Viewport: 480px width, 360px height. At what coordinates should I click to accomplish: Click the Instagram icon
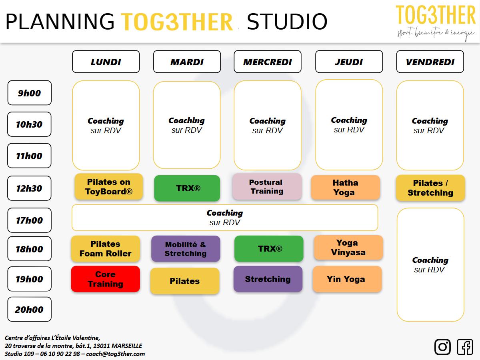tap(442, 347)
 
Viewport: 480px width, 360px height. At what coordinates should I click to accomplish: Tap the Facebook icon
tap(465, 347)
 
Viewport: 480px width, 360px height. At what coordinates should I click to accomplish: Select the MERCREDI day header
tap(267, 62)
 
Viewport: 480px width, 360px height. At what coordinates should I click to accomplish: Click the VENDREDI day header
tap(430, 62)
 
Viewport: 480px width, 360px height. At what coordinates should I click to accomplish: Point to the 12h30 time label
tap(29, 188)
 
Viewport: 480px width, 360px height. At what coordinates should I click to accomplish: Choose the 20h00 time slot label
tap(29, 309)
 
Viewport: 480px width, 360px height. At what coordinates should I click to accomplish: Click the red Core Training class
tap(106, 279)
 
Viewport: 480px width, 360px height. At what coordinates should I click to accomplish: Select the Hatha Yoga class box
tap(345, 188)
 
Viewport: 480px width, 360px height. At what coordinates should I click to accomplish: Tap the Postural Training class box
tap(267, 186)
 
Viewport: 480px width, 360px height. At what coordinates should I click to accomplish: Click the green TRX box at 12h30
tap(187, 188)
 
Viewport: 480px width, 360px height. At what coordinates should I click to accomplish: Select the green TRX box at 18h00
tap(268, 248)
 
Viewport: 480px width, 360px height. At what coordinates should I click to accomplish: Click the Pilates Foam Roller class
tap(106, 248)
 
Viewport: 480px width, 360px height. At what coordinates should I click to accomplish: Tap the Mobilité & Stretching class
tap(186, 248)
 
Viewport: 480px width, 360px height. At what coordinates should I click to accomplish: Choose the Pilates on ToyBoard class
tap(108, 187)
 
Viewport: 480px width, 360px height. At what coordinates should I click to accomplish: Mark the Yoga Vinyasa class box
tap(348, 247)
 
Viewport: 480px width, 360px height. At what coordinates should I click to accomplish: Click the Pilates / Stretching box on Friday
tap(430, 188)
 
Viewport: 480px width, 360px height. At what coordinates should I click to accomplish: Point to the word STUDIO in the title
tap(287, 22)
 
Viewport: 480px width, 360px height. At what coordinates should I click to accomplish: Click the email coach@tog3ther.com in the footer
tap(115, 354)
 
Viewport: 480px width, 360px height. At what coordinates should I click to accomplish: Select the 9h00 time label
tap(29, 93)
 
